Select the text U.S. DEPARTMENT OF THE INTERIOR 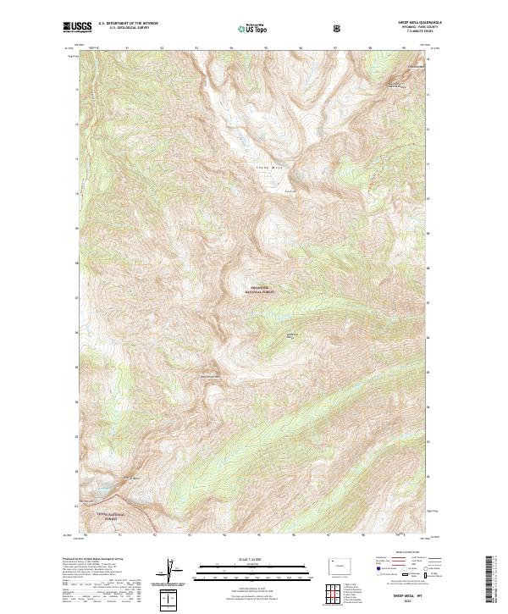click(x=126, y=25)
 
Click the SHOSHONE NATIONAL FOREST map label click(x=262, y=288)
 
